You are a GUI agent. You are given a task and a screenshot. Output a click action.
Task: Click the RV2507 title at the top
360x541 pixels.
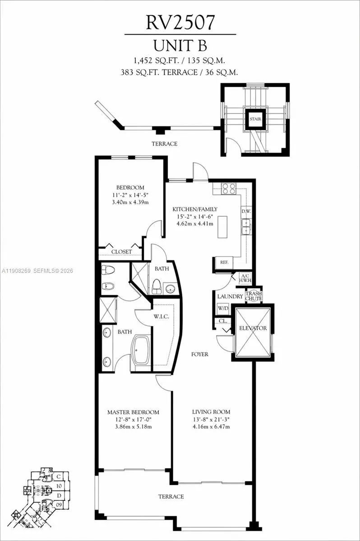click(x=180, y=23)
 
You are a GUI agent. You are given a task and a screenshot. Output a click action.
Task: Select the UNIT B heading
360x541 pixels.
click(x=180, y=46)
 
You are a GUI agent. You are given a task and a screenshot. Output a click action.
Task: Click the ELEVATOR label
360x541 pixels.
click(x=253, y=328)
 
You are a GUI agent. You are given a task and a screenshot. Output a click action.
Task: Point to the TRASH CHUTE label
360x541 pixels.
click(x=254, y=296)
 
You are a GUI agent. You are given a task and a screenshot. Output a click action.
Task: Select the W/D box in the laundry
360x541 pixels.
click(x=223, y=309)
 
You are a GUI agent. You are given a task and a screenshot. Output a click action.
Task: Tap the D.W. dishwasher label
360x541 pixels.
click(x=246, y=211)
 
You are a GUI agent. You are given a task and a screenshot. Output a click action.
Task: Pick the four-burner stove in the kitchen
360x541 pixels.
click(x=229, y=188)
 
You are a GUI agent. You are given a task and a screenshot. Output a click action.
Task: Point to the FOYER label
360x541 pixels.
click(x=199, y=354)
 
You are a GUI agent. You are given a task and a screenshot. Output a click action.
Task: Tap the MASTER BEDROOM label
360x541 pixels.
click(x=133, y=412)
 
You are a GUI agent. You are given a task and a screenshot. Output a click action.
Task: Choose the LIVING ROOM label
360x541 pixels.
click(x=211, y=412)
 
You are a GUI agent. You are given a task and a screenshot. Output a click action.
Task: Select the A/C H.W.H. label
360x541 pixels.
click(x=245, y=279)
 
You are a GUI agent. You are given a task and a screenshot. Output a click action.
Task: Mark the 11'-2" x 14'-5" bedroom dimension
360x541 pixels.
click(x=130, y=195)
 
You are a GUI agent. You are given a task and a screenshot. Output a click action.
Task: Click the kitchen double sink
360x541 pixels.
click(x=246, y=226)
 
